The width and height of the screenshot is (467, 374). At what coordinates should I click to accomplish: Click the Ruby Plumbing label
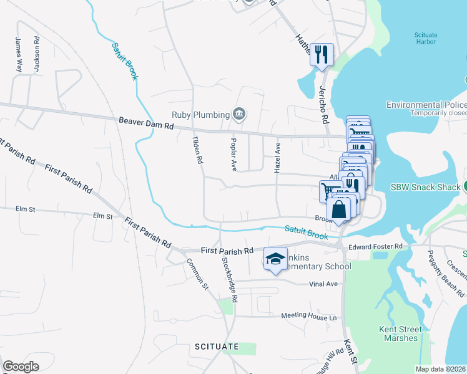click(200, 115)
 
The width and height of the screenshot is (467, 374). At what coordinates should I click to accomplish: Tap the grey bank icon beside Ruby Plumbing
click(238, 114)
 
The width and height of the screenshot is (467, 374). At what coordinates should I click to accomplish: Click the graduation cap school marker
click(275, 259)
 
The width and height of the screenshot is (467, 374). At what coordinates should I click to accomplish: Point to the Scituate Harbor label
click(425, 39)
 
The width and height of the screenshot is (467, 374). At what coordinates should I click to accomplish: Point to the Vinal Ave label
click(323, 284)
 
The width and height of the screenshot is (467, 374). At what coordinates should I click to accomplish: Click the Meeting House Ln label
click(308, 317)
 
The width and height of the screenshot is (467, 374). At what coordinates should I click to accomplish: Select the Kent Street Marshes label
click(400, 333)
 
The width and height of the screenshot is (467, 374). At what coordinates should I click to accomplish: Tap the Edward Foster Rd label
click(376, 247)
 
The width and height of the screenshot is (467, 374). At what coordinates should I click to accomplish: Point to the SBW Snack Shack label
click(425, 187)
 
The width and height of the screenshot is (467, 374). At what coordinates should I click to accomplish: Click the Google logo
click(21, 367)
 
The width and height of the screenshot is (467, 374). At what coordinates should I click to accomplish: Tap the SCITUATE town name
click(217, 346)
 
